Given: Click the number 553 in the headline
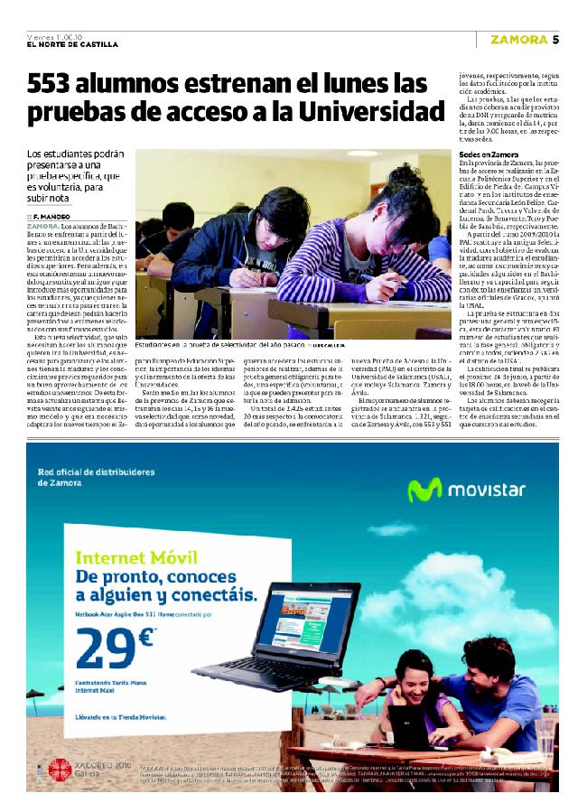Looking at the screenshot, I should [x=57, y=86].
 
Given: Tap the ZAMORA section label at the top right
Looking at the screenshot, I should [x=519, y=39].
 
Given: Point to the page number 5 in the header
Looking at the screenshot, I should [x=556, y=39].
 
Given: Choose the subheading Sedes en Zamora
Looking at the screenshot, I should [x=489, y=154].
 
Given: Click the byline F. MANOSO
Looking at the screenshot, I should [x=51, y=216].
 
